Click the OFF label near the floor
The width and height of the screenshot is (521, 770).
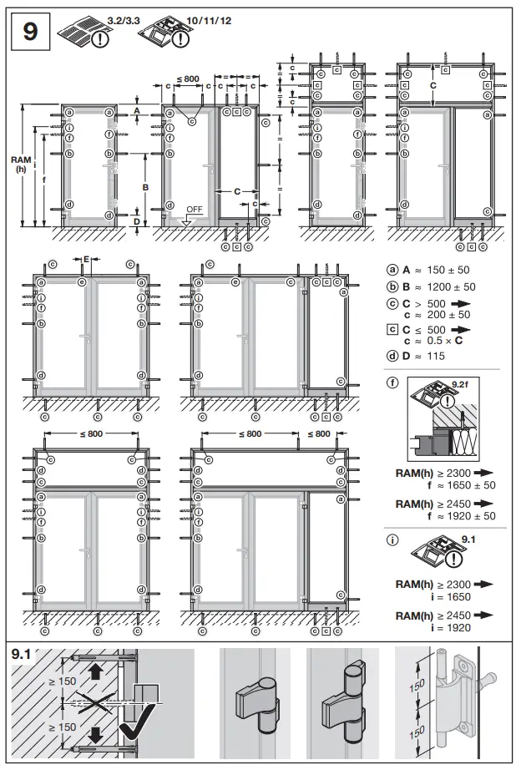click(x=194, y=208)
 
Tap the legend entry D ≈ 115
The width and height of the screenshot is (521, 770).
click(x=425, y=356)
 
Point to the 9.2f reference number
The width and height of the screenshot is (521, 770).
click(x=460, y=383)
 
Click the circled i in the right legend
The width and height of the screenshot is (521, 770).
click(x=392, y=540)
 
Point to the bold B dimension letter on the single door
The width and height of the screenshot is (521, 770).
click(x=145, y=188)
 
